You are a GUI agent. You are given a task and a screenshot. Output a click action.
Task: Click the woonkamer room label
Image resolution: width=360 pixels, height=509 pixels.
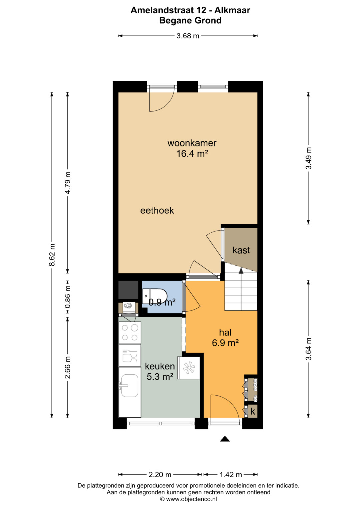click(x=192, y=143)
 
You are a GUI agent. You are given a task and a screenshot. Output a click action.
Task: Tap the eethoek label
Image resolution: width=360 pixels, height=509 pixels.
click(x=157, y=211)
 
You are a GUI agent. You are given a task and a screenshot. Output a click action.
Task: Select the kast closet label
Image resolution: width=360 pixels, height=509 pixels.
click(x=241, y=250)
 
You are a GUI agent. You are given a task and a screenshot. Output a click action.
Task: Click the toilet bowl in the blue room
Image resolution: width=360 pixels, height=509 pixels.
click(x=155, y=296)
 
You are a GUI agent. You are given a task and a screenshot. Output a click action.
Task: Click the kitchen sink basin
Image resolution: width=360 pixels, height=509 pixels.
click(x=130, y=385)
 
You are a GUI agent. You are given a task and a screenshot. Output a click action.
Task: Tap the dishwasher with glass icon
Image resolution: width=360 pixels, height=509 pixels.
click(x=130, y=355)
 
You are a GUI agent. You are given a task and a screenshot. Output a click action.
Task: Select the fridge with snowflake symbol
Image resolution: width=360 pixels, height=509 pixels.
click(x=189, y=368)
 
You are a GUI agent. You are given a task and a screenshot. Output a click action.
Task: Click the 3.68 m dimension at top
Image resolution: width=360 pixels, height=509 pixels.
click(x=188, y=36)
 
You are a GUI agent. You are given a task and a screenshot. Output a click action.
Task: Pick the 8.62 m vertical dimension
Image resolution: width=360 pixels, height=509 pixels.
click(x=52, y=255)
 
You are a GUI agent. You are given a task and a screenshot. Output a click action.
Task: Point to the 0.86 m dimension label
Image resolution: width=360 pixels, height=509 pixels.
click(x=68, y=297)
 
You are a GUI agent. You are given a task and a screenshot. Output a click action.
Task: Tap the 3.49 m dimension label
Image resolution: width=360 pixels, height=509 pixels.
click(x=309, y=158)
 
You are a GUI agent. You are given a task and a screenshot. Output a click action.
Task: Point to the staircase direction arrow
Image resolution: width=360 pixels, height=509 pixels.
click(x=241, y=270)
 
